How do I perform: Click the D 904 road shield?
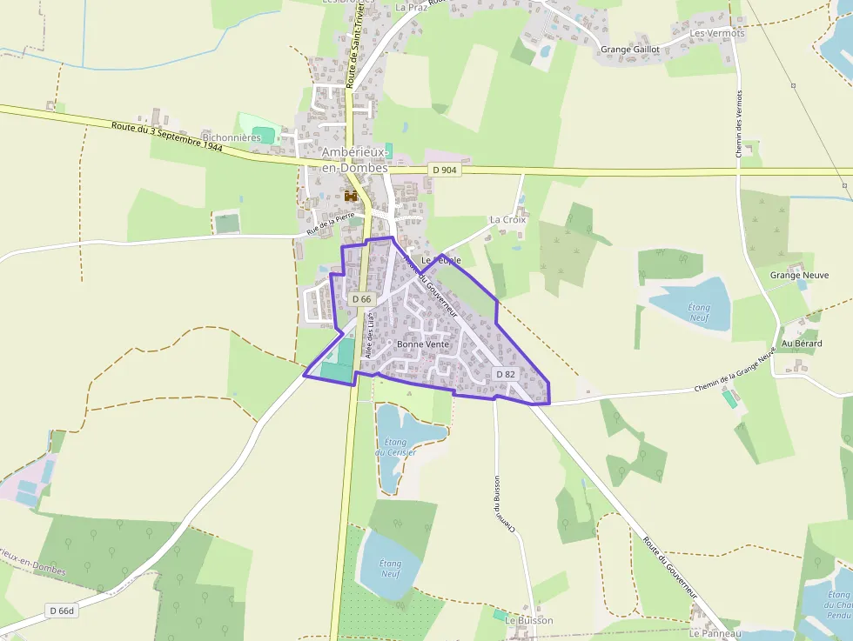click(x=444, y=170)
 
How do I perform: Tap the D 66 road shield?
click(x=362, y=298)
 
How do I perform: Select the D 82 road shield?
click(x=506, y=374)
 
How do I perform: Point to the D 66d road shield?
click(x=62, y=611)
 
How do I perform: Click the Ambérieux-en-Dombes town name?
click(x=355, y=159)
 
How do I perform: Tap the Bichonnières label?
click(x=232, y=137)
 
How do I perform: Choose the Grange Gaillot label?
click(x=630, y=50)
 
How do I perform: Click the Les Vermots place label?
click(x=717, y=33)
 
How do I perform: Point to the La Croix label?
click(x=508, y=220)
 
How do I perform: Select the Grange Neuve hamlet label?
click(x=799, y=275)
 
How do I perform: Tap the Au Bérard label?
click(x=802, y=344)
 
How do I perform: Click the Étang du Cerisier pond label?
click(x=396, y=447)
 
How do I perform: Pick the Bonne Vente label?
click(x=422, y=344)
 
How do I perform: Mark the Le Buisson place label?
click(x=529, y=620)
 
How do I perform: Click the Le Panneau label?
click(x=715, y=633)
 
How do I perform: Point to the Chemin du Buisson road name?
click(x=505, y=504)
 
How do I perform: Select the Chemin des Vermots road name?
click(x=739, y=123)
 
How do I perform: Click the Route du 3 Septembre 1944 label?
click(x=167, y=137)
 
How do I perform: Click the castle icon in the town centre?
click(x=353, y=197)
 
